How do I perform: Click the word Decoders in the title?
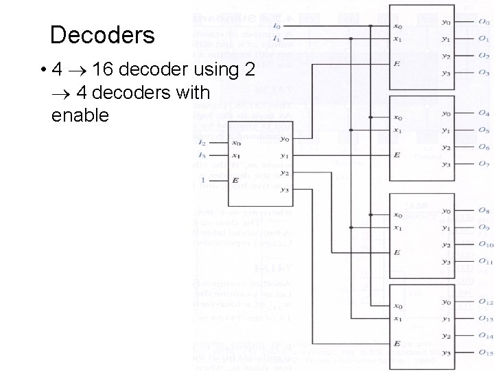tap(103, 35)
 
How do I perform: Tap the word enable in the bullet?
tap(80, 115)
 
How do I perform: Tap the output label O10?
tap(484, 245)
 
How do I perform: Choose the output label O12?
tap(484, 302)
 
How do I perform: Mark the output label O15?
tap(484, 352)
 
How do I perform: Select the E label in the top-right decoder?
tap(397, 64)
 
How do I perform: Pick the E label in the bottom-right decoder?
tap(397, 343)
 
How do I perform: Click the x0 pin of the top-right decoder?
tap(399, 27)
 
